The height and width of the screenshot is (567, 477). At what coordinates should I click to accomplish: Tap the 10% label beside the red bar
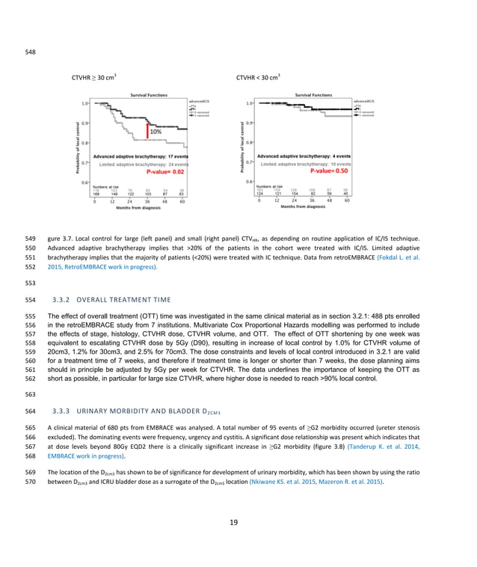[x=156, y=132]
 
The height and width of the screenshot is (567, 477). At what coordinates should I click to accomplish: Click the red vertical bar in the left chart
[x=147, y=132]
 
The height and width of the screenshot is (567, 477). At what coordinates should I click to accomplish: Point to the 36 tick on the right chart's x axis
[x=312, y=200]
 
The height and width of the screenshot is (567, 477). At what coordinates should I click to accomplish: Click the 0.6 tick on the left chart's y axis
[x=85, y=182]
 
